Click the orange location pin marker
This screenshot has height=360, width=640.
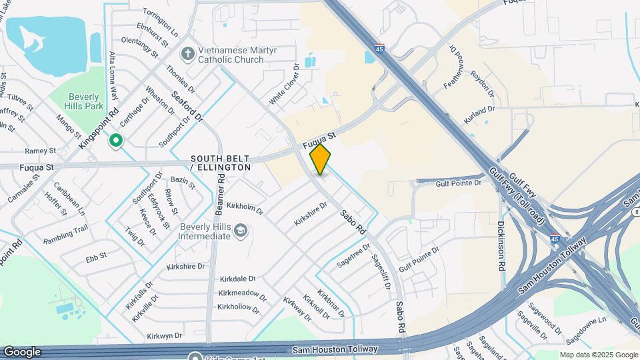[x=320, y=159]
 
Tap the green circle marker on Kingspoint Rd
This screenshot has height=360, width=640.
[x=116, y=141]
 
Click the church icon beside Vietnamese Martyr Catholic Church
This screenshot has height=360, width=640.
[x=189, y=52]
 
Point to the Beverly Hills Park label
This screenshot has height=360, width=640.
[x=83, y=101]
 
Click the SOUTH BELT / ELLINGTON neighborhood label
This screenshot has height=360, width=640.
[x=221, y=163]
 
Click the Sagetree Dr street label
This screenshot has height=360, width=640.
[x=353, y=256]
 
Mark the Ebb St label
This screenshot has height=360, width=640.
[x=87, y=255]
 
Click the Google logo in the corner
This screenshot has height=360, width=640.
[x=22, y=352]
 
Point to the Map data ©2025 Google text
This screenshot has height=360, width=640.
[x=598, y=355]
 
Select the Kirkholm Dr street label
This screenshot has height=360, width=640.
[x=245, y=208]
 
